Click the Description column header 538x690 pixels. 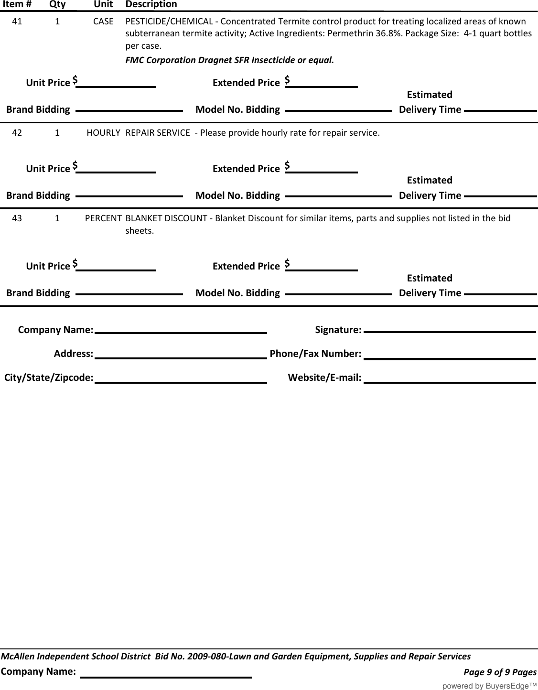[x=151, y=4]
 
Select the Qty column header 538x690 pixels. [x=57, y=4]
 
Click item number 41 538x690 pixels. [x=17, y=22]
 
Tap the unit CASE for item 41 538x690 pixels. [x=103, y=22]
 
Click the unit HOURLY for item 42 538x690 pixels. [x=103, y=132]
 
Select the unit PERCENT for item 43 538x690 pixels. [x=103, y=218]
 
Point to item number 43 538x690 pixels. [x=17, y=218]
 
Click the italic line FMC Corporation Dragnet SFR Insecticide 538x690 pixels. [x=229, y=60]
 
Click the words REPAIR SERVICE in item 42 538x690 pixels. [x=157, y=132]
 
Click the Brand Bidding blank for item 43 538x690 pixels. [x=129, y=292]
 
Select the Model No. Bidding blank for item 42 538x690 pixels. [x=338, y=195]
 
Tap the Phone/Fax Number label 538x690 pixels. [x=315, y=354]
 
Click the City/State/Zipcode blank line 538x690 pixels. [x=181, y=378]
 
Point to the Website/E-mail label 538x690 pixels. [x=324, y=377]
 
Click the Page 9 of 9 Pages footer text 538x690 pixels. [x=500, y=672]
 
